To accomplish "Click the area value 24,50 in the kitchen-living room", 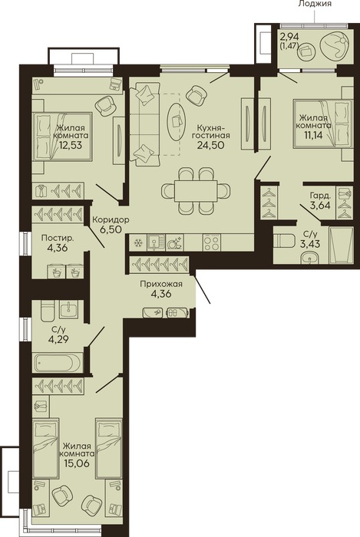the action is click(210, 145).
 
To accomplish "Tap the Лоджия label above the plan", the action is click(315, 4).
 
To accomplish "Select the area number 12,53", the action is click(70, 144).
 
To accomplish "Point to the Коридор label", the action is click(111, 219).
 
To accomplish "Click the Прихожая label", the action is click(161, 284).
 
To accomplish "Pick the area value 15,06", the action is click(77, 463).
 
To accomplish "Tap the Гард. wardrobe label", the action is click(320, 196).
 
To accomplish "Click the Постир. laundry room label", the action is click(58, 238).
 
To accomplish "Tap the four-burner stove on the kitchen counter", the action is click(211, 243).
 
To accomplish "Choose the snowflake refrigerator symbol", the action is click(138, 243).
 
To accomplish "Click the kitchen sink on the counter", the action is click(156, 243).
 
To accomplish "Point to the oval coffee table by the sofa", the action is click(177, 121).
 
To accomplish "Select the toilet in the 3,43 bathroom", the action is click(285, 240).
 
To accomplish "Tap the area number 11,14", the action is click(313, 134).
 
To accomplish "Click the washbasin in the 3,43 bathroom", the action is click(311, 258).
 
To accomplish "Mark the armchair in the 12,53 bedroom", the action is click(105, 106).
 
